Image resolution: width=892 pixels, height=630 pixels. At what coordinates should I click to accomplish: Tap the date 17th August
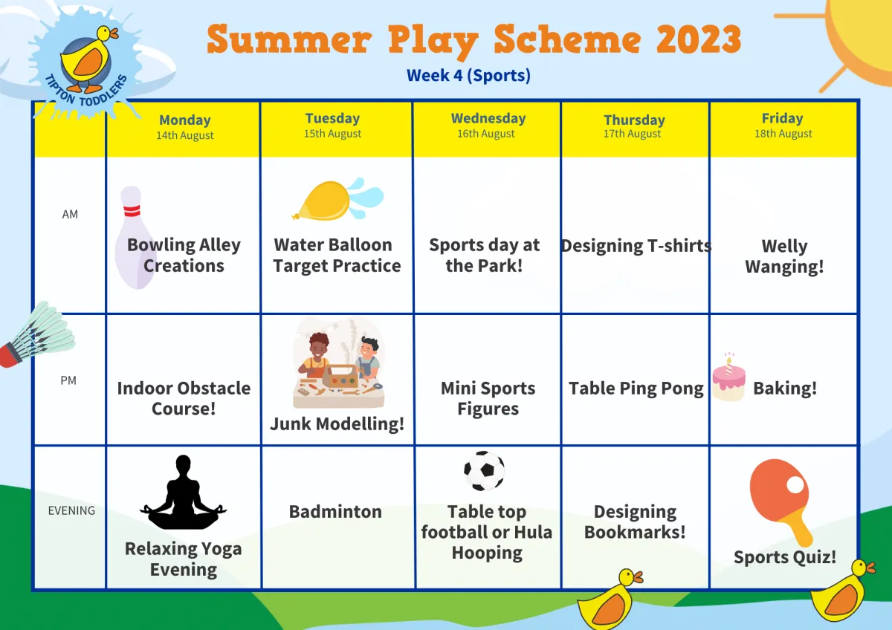pos(632,134)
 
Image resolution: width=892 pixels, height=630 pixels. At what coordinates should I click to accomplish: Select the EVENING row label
pos(71,510)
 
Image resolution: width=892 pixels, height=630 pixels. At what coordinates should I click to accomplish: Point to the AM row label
pos(70,215)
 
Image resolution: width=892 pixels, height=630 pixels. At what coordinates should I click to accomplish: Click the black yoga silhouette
pos(183,492)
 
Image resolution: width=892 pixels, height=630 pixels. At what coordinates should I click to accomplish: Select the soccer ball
pos(484,470)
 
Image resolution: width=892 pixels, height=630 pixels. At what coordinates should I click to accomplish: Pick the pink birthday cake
pos(728,378)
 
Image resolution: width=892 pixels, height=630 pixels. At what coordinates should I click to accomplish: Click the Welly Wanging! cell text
pos(784,256)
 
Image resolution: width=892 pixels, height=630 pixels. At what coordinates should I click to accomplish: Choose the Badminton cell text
pos(335,512)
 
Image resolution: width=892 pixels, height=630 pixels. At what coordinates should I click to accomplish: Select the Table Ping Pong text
pos(636,389)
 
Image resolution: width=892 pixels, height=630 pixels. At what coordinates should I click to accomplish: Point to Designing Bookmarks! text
pos(635,522)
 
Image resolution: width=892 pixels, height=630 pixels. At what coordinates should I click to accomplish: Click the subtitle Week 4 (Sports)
pos(468,75)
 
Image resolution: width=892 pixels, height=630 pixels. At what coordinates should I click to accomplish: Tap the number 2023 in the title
pos(699,39)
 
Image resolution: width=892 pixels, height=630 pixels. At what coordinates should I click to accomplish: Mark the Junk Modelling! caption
pos(337,424)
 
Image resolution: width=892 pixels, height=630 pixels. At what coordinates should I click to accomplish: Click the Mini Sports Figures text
pos(488,398)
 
